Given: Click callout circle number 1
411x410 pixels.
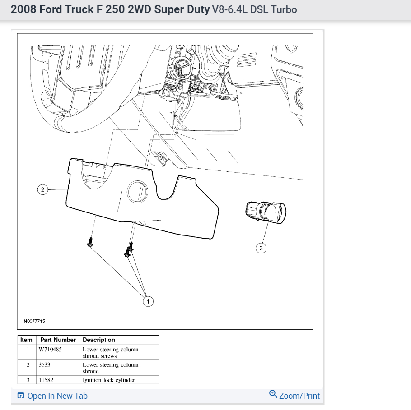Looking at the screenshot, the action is pos(148,301).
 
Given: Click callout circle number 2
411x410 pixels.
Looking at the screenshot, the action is pos(43,189).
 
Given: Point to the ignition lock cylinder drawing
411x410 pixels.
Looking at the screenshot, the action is pos(266,211).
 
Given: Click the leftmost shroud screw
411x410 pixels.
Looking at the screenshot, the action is pos(90,242).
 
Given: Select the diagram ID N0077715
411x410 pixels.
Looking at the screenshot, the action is pos(34,322).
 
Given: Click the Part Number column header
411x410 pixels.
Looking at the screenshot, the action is pos(58,340).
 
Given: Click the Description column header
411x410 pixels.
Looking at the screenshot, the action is pos(99,340).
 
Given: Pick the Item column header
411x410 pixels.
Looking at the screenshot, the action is pos(27,340).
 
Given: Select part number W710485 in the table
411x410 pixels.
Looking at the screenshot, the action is pos(51,350).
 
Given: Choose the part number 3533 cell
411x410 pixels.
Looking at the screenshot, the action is pos(44,365).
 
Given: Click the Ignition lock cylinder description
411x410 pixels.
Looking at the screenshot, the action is pos(109,380).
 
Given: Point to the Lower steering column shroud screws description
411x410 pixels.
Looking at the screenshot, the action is pos(110,352).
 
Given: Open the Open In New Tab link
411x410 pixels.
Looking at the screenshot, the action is pos(57,396).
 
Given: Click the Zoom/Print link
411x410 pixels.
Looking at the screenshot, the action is pos(299,396).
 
